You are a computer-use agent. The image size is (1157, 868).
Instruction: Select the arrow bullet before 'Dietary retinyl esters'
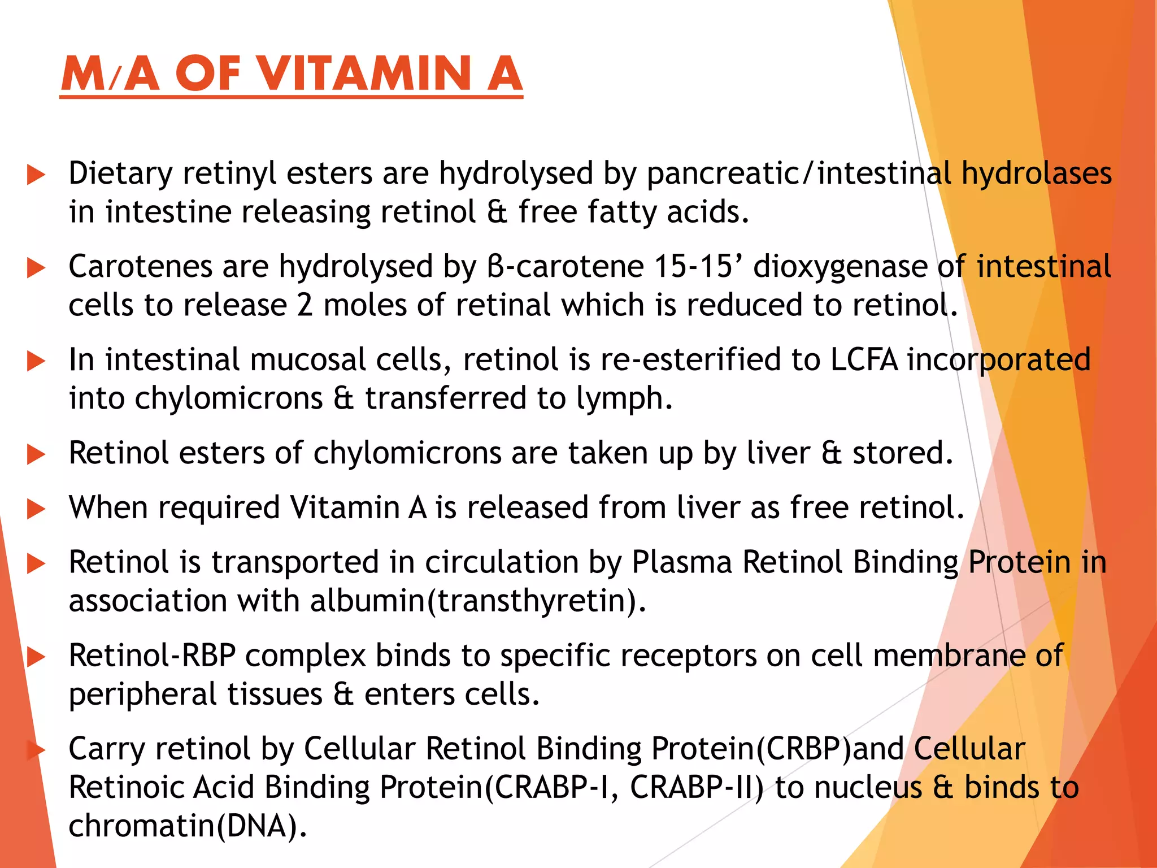point(36,175)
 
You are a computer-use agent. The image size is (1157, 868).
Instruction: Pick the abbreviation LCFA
point(864,360)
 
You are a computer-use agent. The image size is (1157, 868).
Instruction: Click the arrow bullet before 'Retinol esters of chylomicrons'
point(36,454)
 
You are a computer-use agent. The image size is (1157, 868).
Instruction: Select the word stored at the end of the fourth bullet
point(902,453)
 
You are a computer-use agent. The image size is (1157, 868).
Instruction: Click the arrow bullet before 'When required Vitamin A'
point(36,509)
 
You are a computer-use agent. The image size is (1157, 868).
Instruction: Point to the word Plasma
point(681,563)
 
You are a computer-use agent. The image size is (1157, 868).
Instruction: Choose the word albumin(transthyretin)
point(477,601)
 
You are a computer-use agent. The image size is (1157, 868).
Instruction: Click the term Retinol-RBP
point(151,656)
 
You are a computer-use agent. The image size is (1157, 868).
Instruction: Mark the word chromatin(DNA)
point(188,826)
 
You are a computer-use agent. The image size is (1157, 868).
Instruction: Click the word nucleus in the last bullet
point(849,787)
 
